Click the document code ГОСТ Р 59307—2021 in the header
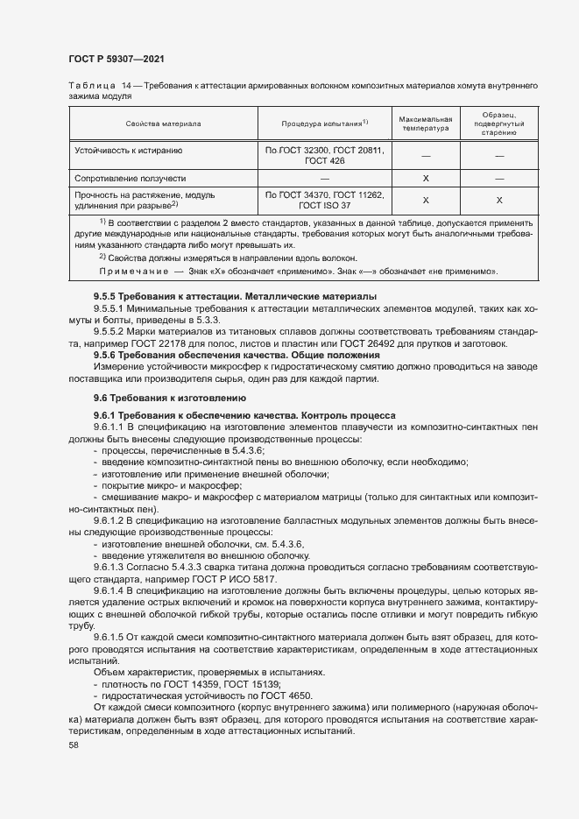pyautogui.click(x=116, y=59)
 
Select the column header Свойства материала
pyautogui.click(x=163, y=124)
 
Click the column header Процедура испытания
pyautogui.click(x=324, y=124)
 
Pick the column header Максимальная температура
pyautogui.click(x=425, y=124)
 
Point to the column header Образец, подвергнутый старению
pyautogui.click(x=498, y=124)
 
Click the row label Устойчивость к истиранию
pyautogui.click(x=129, y=151)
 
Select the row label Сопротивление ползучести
pyautogui.click(x=131, y=178)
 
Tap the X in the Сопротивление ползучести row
pyautogui.click(x=425, y=178)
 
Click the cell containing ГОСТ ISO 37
pyautogui.click(x=324, y=204)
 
